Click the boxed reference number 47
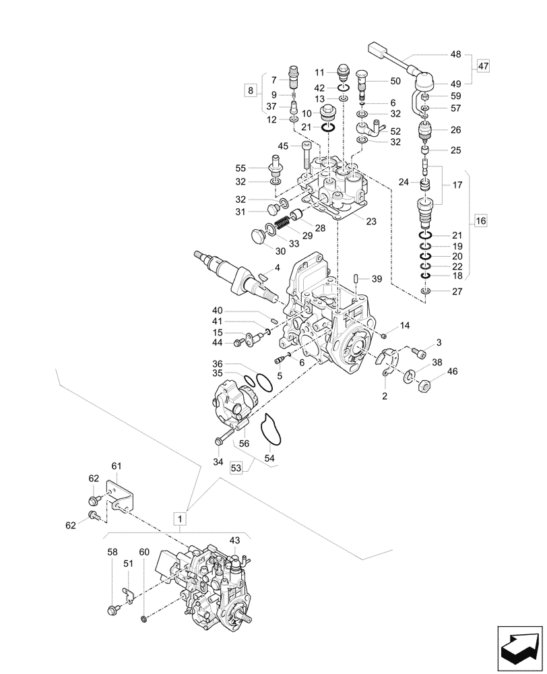coord(484,66)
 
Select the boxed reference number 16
coord(480,220)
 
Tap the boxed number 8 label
coord(251,90)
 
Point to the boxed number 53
coord(236,467)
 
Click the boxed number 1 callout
coord(180,518)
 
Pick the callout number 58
coord(112,552)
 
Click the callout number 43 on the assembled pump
coord(234,541)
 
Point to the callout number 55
coord(239,168)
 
